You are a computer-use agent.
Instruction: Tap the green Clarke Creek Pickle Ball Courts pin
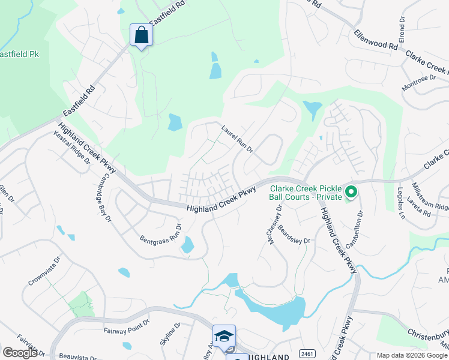coord(351,193)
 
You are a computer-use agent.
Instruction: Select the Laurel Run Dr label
coord(237,138)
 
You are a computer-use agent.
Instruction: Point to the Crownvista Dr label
coord(45,272)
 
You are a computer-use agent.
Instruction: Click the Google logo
coord(20,353)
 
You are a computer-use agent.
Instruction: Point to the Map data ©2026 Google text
coord(411,355)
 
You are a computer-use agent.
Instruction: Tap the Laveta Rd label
coord(419,206)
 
